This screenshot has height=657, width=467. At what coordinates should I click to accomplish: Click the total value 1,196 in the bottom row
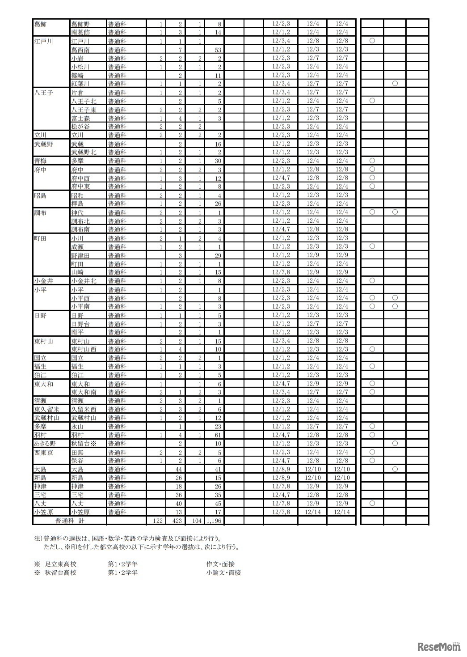tap(214, 521)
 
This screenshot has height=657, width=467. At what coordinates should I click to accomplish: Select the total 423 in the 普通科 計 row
tap(177, 521)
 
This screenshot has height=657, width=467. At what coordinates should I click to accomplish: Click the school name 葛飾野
tap(80, 24)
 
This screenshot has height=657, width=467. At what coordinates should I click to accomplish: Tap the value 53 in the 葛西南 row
tap(218, 50)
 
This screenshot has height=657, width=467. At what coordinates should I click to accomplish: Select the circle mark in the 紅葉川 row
tap(395, 84)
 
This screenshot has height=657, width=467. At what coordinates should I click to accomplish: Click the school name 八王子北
tap(84, 101)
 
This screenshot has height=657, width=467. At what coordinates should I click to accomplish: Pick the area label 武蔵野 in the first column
tap(43, 144)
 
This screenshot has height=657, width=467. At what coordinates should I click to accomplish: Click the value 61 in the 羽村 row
tap(218, 435)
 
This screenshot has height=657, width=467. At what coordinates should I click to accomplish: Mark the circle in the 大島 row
tap(395, 469)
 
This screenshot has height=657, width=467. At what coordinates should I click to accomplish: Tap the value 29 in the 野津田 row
tap(218, 255)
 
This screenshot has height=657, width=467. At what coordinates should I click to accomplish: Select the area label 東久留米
tap(46, 409)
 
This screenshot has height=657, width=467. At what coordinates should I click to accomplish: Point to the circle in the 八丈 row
tap(372, 503)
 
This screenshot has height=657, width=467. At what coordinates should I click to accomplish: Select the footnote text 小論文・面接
tap(223, 572)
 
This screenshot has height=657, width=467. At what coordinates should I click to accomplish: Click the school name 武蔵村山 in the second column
tap(84, 418)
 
